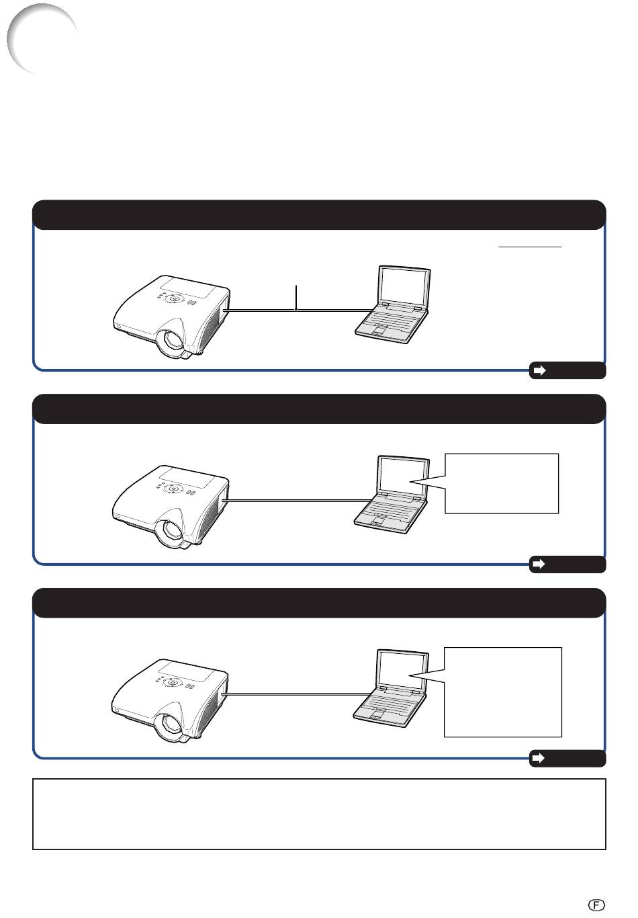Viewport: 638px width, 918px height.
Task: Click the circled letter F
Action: pos(596,905)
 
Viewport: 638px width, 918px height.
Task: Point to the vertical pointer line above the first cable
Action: pos(296,298)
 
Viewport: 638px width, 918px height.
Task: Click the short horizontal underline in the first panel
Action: pos(529,247)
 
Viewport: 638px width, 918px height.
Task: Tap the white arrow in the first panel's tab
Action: pos(539,370)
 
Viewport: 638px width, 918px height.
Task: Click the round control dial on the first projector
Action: pos(175,298)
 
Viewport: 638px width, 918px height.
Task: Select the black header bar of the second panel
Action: pos(319,409)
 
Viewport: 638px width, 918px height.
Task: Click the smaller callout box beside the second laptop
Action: pos(502,483)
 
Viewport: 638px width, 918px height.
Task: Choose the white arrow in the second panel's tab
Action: pos(539,565)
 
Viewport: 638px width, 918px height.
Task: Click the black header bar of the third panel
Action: pos(319,603)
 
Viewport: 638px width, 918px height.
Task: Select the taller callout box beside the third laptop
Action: pos(502,692)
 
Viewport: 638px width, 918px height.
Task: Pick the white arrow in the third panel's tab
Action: pos(539,758)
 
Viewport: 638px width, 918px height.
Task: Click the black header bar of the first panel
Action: pos(319,215)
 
